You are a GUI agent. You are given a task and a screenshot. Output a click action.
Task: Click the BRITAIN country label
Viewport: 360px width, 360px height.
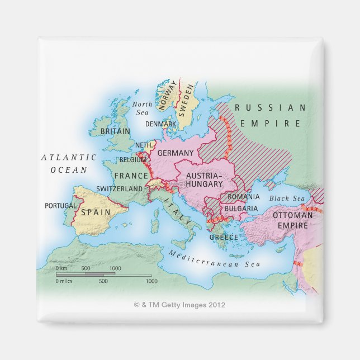pos(115,131)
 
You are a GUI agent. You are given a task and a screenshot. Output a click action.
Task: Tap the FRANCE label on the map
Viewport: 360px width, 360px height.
pos(131,176)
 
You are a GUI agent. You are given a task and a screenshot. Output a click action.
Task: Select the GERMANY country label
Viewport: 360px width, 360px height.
pos(176,153)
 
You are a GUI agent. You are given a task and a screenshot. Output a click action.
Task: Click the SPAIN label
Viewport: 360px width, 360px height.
pos(93,212)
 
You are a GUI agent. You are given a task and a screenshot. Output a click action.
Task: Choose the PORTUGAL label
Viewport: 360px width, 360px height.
pos(60,206)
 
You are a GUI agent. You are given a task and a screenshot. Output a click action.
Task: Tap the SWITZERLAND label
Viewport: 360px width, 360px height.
pos(119,189)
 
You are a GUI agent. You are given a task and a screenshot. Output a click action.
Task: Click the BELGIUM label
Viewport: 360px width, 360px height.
pos(132,160)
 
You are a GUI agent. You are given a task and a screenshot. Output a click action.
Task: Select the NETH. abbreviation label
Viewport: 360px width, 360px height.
pos(144,144)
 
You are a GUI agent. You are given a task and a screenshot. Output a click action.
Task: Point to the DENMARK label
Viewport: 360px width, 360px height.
pos(160,124)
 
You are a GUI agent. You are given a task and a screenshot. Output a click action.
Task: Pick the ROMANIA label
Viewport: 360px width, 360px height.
pos(244,197)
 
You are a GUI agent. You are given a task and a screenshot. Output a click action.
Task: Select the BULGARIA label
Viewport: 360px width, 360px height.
pos(241,209)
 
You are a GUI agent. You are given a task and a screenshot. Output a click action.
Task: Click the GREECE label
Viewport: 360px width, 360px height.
pos(224,237)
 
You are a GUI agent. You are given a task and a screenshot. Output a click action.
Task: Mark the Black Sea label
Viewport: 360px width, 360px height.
pos(287,198)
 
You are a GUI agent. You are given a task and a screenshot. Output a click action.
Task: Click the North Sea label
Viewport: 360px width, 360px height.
pos(142,108)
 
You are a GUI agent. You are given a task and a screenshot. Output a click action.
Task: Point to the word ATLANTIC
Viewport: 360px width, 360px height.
pos(69,158)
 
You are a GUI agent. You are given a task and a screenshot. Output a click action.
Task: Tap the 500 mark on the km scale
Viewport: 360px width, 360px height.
pos(86,269)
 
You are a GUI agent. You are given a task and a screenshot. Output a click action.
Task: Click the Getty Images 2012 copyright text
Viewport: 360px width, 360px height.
pos(179,305)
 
